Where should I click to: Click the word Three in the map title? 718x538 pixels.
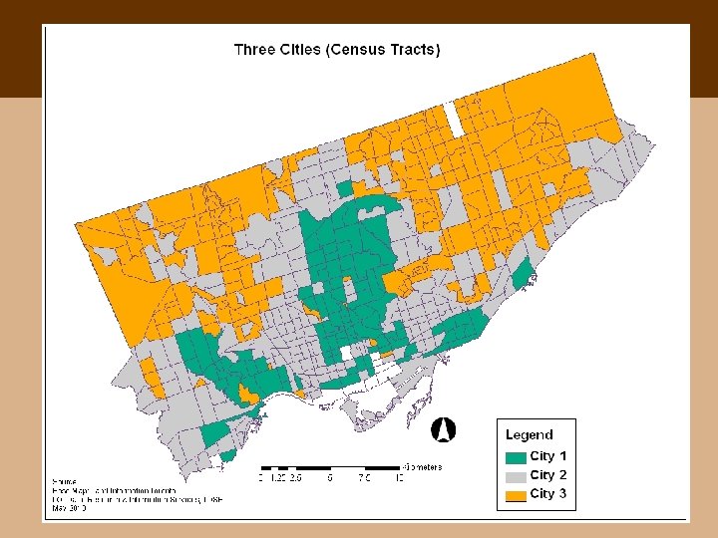(254, 49)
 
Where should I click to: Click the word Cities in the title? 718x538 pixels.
(302, 49)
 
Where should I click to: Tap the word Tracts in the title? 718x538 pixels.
(414, 49)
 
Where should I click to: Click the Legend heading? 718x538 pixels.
(529, 434)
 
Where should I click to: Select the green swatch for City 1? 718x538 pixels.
(516, 457)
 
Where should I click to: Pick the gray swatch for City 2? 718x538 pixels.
(516, 476)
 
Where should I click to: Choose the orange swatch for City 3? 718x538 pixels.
(516, 495)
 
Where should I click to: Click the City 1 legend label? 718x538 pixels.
(548, 456)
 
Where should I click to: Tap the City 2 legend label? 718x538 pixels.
(548, 475)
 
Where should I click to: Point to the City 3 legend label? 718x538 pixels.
(548, 494)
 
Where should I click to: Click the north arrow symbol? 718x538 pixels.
(443, 429)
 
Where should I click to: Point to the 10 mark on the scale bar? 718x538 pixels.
(399, 478)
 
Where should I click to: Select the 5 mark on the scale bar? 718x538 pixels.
(330, 478)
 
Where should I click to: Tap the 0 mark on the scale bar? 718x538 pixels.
(261, 478)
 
